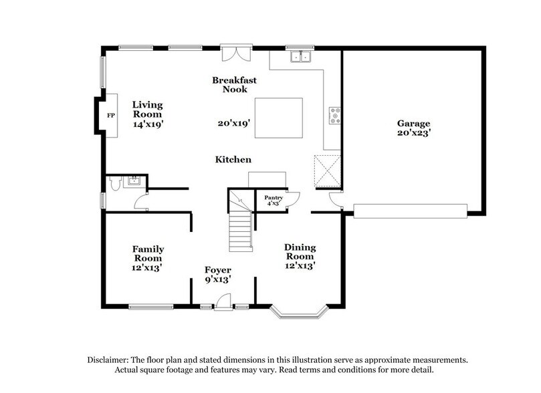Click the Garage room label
[414, 124]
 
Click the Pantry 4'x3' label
[273, 201]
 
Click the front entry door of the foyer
[224, 302]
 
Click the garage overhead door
[410, 211]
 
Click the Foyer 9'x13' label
[218, 275]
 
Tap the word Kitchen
[233, 160]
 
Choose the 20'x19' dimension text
[233, 123]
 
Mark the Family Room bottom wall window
[147, 307]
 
